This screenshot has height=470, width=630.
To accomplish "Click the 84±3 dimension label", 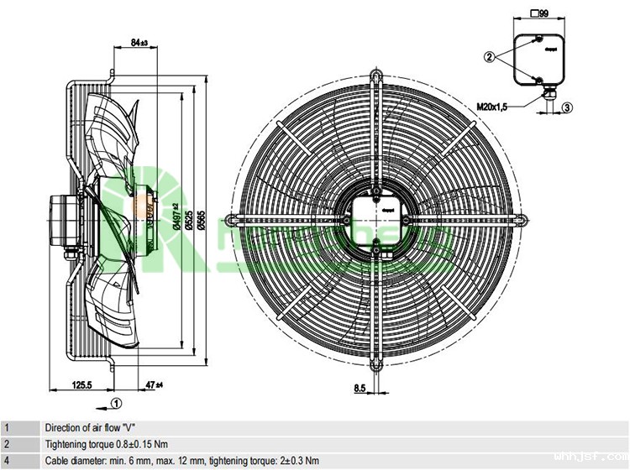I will coord(140,42).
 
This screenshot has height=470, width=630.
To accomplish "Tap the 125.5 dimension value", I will coord(81,384).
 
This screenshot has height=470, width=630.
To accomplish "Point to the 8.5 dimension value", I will coord(359,388).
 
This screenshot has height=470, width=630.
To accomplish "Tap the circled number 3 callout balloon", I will coord(568,107).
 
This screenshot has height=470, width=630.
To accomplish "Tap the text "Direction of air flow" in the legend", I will coord(83,427).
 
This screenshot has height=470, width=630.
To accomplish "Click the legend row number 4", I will coord(7,460).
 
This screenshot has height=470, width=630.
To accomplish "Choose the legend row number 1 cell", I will coord(7,427).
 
